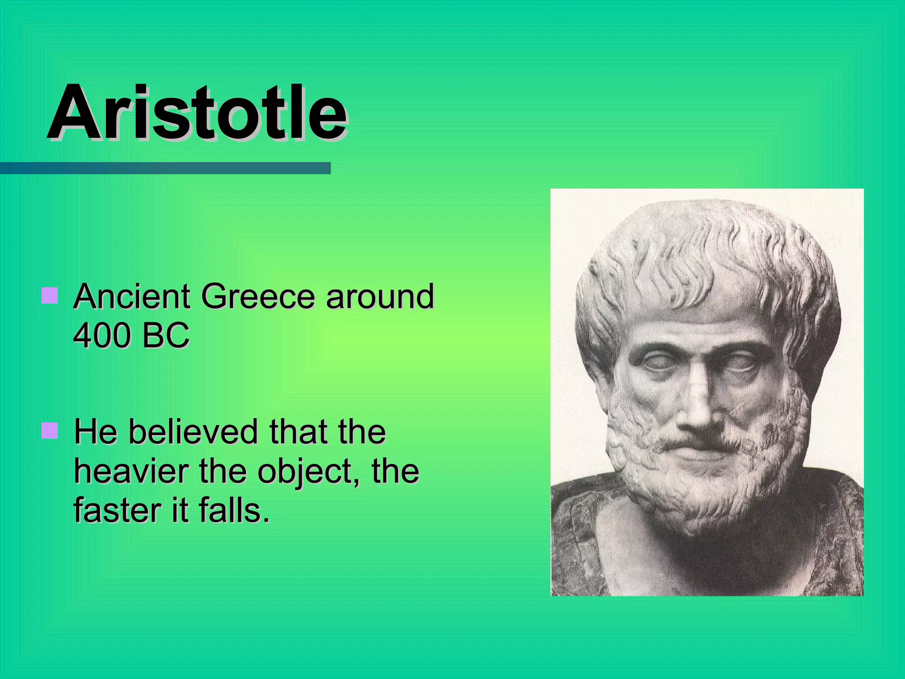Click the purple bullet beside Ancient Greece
(x=49, y=296)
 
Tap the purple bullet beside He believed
(x=49, y=431)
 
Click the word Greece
(x=258, y=296)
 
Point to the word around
(x=380, y=296)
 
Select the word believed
(x=193, y=431)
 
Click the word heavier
(x=132, y=471)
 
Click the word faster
(x=118, y=511)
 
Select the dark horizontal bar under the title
(x=165, y=168)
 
